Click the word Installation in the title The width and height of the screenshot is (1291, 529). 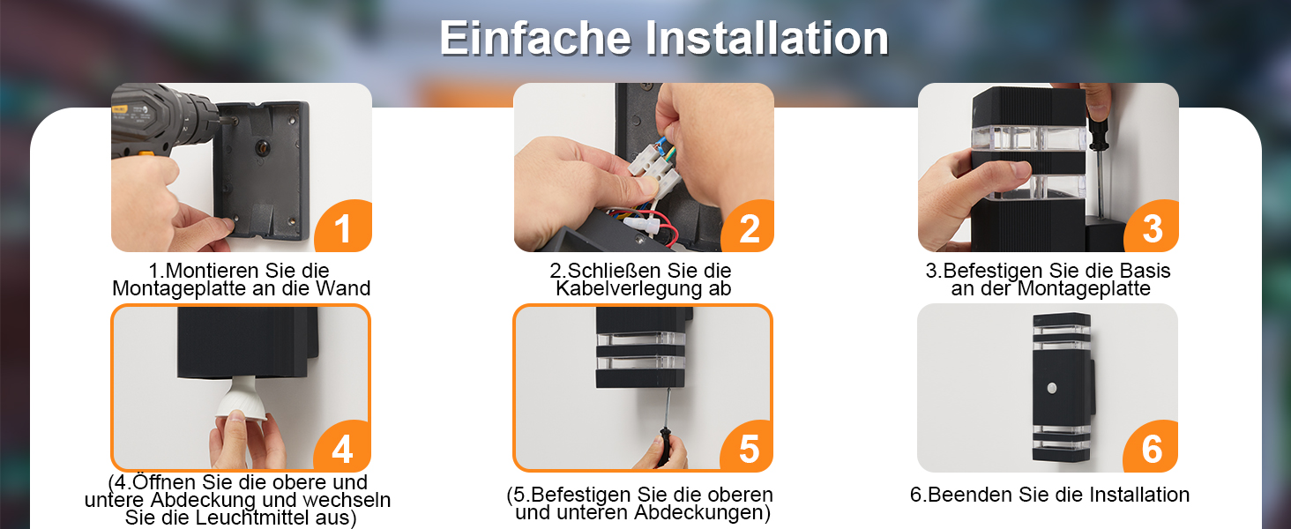click(x=766, y=38)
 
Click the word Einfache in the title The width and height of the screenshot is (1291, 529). click(x=535, y=38)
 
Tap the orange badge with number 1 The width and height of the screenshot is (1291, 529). click(x=344, y=226)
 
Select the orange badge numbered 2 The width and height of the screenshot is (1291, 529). click(x=748, y=226)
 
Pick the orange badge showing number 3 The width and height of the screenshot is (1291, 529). click(x=1152, y=226)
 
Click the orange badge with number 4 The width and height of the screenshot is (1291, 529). click(x=342, y=447)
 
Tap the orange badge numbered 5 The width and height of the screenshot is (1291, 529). click(x=747, y=447)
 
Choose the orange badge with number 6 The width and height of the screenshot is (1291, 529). click(x=1151, y=447)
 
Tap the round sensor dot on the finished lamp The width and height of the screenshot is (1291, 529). click(x=1052, y=388)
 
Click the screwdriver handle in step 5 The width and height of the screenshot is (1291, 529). click(x=665, y=446)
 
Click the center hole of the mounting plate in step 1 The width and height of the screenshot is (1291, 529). click(x=262, y=148)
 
